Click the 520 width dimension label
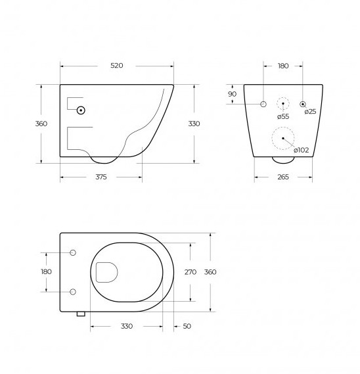117,66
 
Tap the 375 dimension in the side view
101,177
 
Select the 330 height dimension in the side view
194,124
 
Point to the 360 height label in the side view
41,124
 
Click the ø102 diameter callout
302,150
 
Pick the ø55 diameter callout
283,116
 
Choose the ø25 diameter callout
311,111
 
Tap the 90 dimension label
232,94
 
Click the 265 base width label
283,177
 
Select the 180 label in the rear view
283,66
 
